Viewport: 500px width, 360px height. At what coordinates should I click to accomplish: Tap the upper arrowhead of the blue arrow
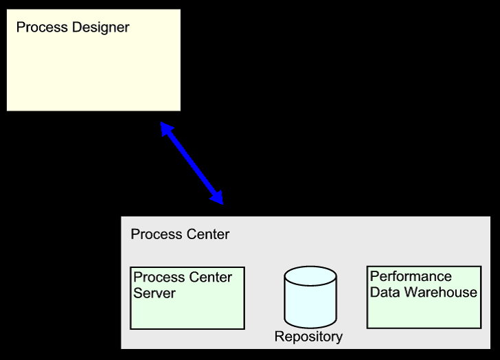[166, 128]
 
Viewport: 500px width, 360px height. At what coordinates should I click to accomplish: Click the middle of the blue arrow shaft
[192, 163]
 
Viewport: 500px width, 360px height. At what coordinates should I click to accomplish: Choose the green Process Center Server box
[187, 313]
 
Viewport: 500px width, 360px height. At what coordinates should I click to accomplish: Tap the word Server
[155, 293]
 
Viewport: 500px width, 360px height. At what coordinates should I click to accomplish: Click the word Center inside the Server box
[209, 278]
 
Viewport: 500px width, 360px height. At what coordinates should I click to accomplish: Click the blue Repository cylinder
[310, 302]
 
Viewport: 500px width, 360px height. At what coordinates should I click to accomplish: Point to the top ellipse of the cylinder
[310, 277]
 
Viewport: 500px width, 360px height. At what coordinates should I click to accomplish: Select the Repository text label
[308, 337]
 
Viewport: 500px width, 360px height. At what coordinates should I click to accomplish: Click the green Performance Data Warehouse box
[424, 313]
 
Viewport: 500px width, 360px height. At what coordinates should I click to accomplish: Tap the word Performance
[411, 276]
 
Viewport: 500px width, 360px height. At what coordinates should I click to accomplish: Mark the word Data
[385, 293]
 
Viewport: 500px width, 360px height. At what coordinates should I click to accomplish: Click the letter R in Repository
[279, 337]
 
